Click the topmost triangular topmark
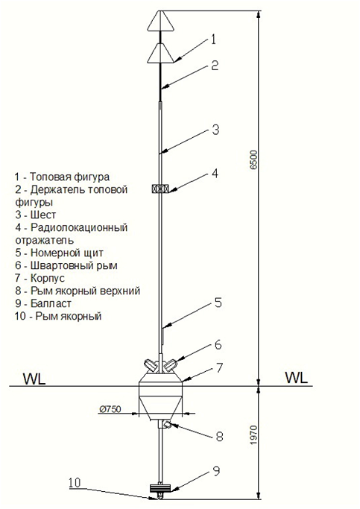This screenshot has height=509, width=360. tap(160, 22)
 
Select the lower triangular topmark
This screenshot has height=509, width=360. tap(160, 53)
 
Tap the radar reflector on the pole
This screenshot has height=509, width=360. tap(160, 189)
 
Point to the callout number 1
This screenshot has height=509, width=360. tap(213, 39)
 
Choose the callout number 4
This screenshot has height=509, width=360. tap(215, 174)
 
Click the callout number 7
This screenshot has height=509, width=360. tap(219, 368)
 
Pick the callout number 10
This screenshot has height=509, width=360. tap(75, 483)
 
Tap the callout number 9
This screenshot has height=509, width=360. tap(216, 471)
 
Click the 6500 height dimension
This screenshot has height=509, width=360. tap(253, 159)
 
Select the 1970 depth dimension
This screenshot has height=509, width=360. tap(253, 435)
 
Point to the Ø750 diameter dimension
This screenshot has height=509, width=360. tap(110, 409)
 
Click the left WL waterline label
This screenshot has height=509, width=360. tap(34, 379)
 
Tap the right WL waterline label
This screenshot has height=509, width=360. tap(296, 378)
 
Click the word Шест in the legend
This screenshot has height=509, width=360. tap(43, 215)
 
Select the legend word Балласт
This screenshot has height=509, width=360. tap(51, 303)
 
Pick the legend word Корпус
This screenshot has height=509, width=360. tap(48, 278)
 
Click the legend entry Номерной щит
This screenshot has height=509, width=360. tap(67, 253)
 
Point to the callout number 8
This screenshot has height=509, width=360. tap(220, 437)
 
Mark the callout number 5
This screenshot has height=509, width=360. tap(218, 303)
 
